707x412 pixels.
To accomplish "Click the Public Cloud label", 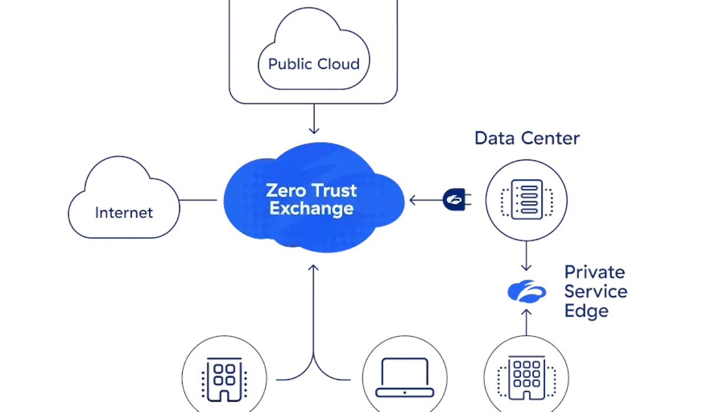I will tap(313, 64).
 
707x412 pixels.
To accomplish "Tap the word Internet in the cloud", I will tap(124, 212).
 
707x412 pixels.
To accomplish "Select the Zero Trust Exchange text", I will tap(311, 200).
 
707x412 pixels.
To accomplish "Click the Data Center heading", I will tap(527, 138).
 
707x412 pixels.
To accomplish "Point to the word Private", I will tap(594, 272).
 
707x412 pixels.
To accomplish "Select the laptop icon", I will tap(405, 377).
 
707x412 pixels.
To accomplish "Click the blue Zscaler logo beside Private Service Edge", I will tap(527, 291).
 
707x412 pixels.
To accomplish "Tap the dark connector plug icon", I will tap(453, 200).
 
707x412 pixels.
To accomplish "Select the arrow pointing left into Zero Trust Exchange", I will tap(424, 200).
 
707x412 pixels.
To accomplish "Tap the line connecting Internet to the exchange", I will tap(198, 200).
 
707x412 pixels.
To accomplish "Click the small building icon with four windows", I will tap(224, 377).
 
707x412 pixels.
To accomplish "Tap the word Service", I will tap(595, 291).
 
